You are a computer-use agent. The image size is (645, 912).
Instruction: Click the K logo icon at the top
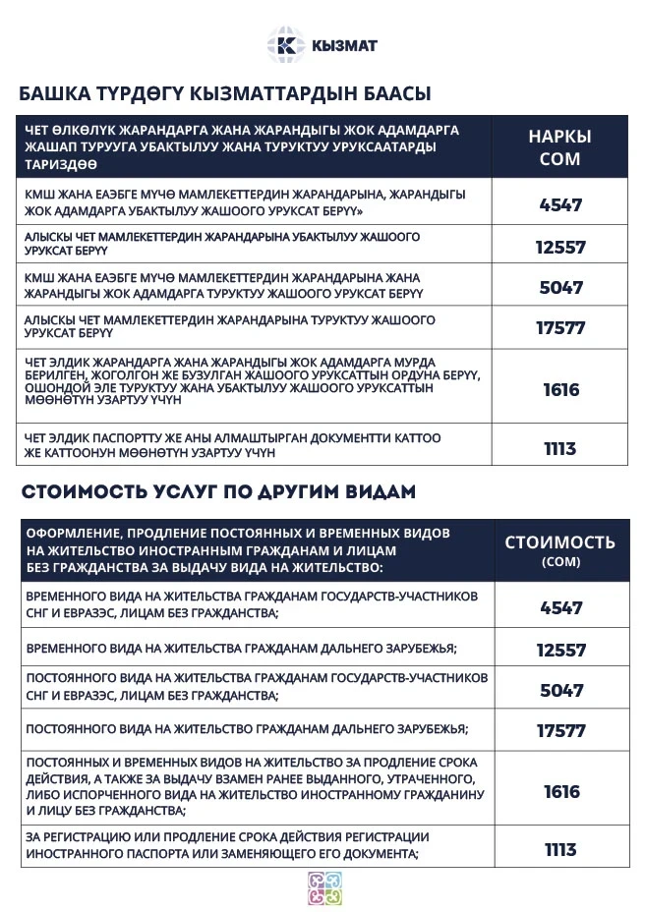[286, 45]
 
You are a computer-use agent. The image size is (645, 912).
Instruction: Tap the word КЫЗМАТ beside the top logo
[343, 46]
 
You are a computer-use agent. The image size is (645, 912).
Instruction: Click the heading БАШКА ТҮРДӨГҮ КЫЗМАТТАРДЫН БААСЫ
[225, 95]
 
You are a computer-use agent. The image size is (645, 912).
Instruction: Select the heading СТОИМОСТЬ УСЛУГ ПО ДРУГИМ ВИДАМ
[218, 491]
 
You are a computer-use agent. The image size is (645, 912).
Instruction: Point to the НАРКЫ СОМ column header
[559, 147]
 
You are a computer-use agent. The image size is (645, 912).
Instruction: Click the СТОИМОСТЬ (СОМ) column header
[559, 549]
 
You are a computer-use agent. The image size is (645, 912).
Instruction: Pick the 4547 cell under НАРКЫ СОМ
[560, 205]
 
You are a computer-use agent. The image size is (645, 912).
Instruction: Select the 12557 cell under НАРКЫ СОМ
[560, 247]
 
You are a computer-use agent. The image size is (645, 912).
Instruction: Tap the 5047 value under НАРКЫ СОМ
[560, 288]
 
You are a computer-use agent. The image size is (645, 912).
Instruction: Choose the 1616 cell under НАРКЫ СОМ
[560, 390]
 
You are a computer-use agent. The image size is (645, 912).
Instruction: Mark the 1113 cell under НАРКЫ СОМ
[560, 449]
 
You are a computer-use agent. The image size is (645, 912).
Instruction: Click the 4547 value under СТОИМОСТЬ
[560, 607]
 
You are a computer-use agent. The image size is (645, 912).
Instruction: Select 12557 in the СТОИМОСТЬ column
[560, 650]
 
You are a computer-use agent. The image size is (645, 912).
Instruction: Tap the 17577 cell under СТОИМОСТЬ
[560, 730]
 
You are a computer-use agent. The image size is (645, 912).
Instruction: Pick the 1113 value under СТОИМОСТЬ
[560, 850]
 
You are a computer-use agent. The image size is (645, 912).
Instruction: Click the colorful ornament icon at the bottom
[323, 887]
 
